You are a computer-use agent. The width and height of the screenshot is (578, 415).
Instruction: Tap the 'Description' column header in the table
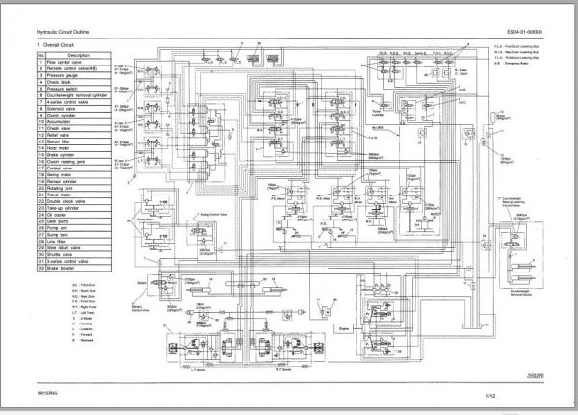pos(78,54)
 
